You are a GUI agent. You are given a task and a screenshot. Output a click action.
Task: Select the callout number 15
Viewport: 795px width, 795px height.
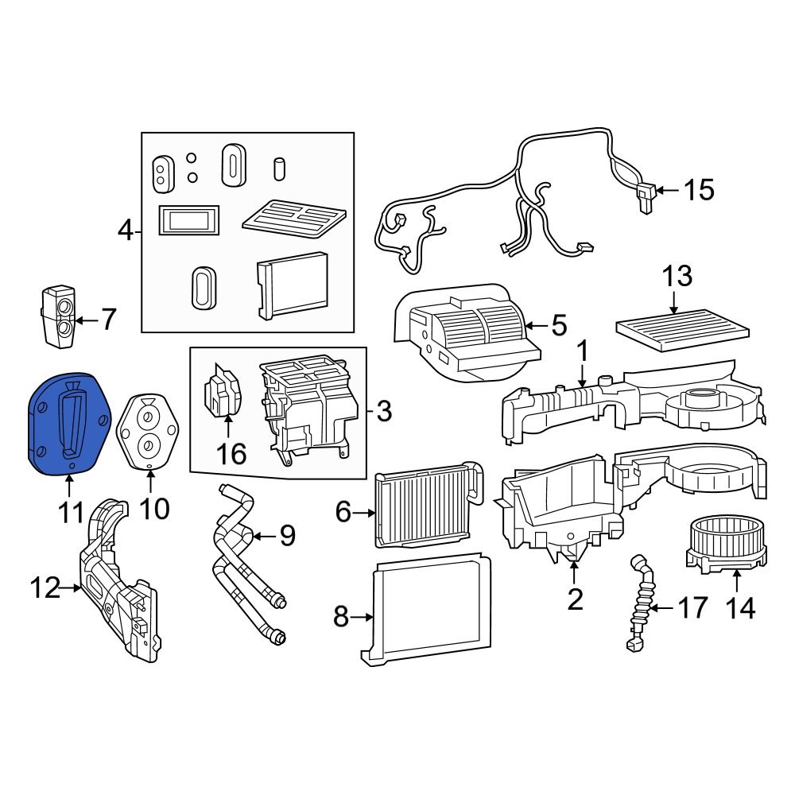699,190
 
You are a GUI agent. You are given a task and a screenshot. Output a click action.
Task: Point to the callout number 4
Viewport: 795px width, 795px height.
125,231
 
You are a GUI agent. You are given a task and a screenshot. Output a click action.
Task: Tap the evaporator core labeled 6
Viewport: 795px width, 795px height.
427,509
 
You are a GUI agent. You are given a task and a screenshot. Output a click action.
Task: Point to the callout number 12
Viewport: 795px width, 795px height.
45,588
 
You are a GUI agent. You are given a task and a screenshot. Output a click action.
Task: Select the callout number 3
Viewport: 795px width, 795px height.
384,411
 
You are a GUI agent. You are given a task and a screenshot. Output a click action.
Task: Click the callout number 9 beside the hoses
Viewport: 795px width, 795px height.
285,536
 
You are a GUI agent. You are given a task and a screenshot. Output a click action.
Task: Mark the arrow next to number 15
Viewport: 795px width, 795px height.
667,190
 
